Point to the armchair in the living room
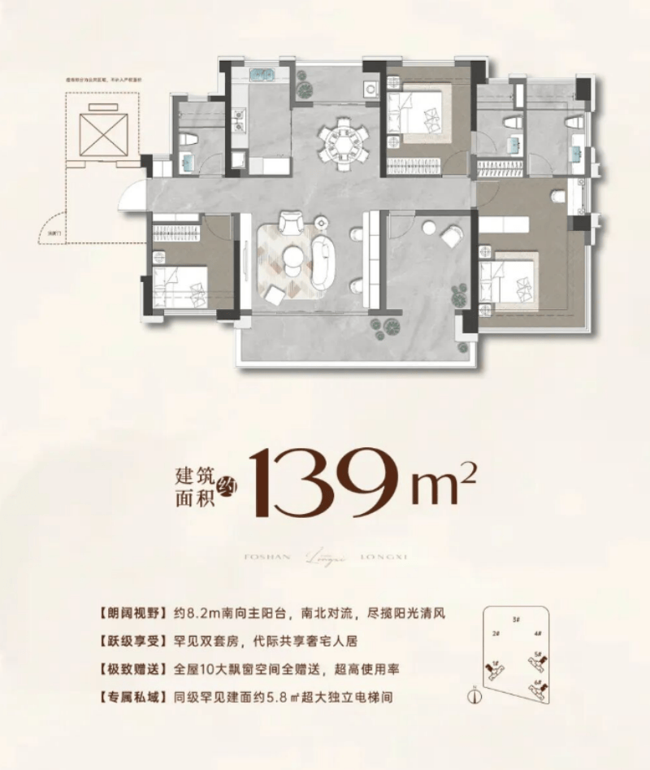click(289, 223)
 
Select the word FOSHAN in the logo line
click(262, 556)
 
